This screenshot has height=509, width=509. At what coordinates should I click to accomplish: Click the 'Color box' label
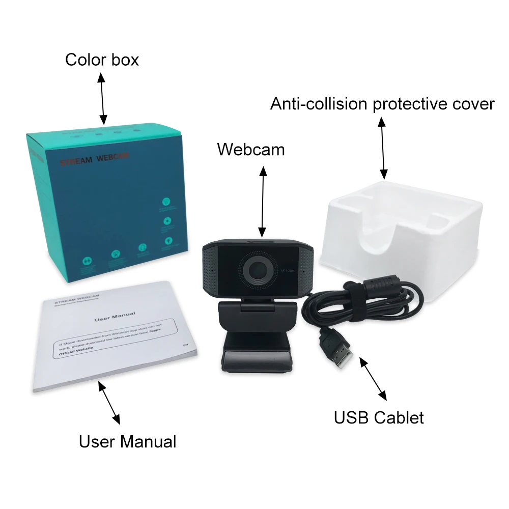(102, 60)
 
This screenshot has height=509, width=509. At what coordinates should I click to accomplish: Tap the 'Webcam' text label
(251, 150)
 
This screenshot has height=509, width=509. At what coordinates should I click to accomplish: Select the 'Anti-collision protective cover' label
(382, 104)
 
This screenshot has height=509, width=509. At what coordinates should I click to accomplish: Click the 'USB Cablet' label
(379, 418)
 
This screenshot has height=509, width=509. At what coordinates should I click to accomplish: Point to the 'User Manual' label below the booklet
(127, 441)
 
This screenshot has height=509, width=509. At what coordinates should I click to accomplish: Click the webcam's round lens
(257, 268)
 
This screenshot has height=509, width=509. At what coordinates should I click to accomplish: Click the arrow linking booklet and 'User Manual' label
(109, 404)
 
